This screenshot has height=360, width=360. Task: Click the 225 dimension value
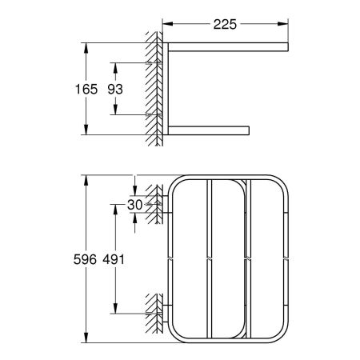pyautogui.click(x=226, y=25)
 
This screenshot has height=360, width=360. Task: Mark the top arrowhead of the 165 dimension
pyautogui.click(x=85, y=46)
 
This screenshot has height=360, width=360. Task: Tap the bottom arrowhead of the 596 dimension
pyautogui.click(x=85, y=336)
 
